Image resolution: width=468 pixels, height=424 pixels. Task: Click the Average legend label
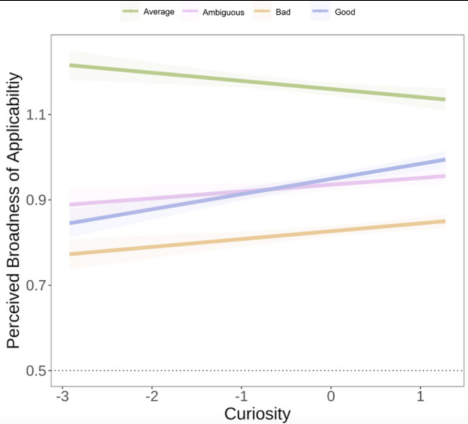(159, 12)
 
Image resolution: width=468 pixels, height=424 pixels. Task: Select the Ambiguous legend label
(223, 12)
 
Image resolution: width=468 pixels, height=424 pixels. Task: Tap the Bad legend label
(283, 12)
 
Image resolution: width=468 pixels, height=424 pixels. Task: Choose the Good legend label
(345, 12)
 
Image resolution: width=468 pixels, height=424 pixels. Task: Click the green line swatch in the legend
(130, 11)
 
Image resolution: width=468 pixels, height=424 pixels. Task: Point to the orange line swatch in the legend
(262, 11)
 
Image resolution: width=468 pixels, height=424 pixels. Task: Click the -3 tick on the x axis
(63, 397)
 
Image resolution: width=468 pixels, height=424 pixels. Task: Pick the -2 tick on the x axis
(152, 397)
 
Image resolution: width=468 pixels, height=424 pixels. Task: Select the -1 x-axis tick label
(241, 397)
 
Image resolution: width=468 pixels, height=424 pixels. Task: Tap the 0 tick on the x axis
(331, 397)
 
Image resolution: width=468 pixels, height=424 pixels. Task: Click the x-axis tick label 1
(420, 397)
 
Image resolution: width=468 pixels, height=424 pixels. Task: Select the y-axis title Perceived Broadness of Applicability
(13, 210)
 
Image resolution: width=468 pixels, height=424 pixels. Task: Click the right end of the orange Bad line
(445, 221)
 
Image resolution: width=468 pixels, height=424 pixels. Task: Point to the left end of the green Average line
(70, 65)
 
